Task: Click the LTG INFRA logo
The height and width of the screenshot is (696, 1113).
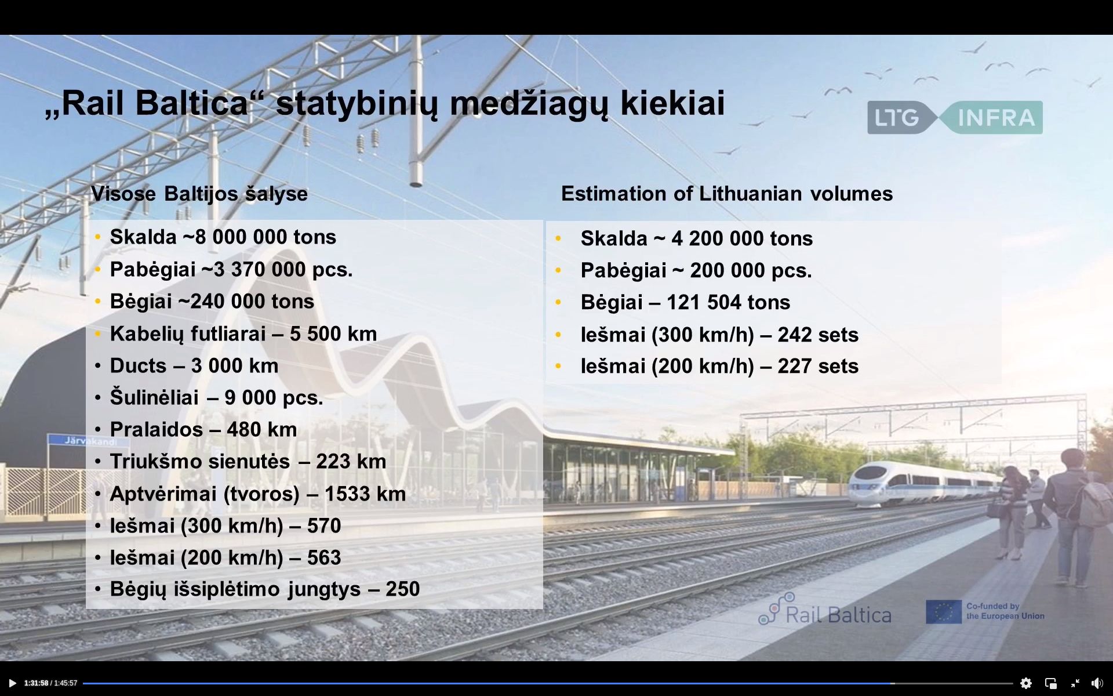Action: [x=955, y=118]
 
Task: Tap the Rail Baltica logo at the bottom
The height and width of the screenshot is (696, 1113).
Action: [x=825, y=610]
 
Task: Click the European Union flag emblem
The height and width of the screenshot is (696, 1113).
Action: [x=944, y=612]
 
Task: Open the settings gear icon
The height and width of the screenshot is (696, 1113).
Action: [x=1026, y=683]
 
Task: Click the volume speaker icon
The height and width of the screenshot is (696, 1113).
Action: [x=1097, y=683]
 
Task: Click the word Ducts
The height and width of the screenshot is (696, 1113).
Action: [x=138, y=365]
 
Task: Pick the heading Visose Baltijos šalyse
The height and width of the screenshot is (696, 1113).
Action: [x=199, y=194]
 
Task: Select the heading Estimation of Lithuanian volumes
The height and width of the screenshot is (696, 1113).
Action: [x=727, y=194]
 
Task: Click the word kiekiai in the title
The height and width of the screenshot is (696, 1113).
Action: [x=672, y=103]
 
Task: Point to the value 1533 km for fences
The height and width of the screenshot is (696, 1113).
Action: [x=365, y=494]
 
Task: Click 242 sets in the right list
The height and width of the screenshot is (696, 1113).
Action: [x=818, y=335]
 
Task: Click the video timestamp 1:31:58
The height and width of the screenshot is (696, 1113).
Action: [x=36, y=683]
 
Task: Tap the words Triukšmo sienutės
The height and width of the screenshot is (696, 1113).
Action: [x=200, y=462]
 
